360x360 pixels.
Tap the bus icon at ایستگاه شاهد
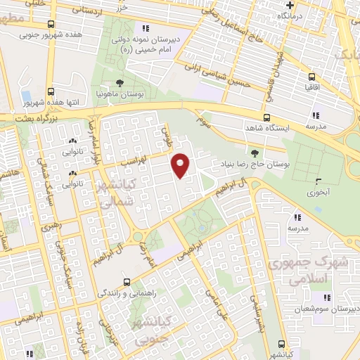point(266,118)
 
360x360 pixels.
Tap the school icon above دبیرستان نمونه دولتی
point(145,28)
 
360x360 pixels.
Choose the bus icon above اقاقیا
point(311,78)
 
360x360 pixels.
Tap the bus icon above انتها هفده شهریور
point(51,92)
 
